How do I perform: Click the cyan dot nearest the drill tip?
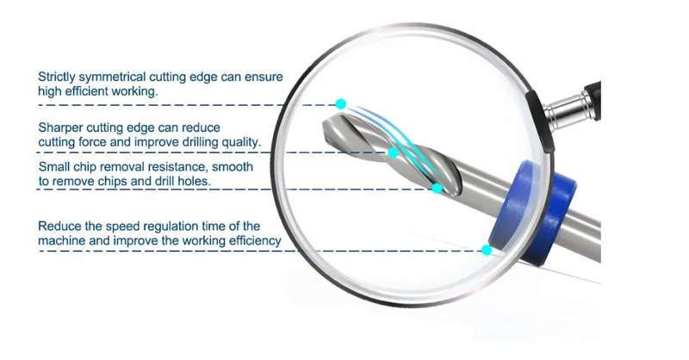(340, 104)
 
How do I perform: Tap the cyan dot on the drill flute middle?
(394, 153)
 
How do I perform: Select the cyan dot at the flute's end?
(437, 189)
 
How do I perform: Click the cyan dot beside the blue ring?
(487, 250)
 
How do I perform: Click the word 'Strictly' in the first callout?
(56, 78)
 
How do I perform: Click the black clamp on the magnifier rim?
(540, 121)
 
